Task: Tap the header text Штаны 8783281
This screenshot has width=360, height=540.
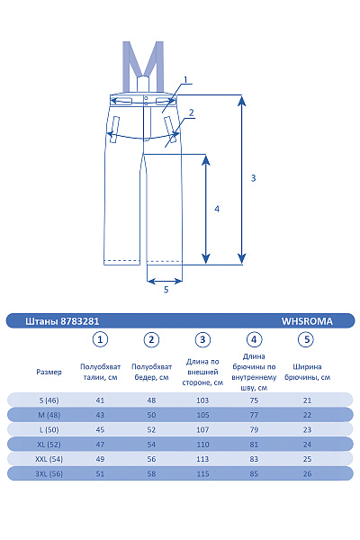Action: tap(56, 319)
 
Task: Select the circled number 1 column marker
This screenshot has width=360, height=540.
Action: tap(101, 339)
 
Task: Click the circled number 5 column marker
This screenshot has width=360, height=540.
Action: tap(306, 339)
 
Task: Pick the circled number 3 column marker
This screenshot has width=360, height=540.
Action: tap(203, 339)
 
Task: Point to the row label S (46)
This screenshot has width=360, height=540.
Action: tap(49, 400)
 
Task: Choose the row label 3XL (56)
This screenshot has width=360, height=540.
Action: tap(49, 473)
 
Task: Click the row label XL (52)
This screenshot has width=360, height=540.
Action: tap(49, 444)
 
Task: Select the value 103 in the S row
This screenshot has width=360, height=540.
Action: tap(203, 400)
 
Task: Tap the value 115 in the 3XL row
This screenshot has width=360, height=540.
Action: tap(203, 473)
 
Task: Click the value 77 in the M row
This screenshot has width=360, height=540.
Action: tap(255, 414)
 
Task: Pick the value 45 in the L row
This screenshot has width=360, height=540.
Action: tap(101, 429)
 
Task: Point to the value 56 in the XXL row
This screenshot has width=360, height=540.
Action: tap(152, 459)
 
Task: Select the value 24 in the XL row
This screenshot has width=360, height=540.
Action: tap(307, 444)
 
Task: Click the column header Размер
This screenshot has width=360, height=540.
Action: tap(49, 372)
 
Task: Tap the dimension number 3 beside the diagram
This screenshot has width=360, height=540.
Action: tap(254, 178)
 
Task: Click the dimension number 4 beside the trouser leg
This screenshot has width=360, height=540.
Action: tap(216, 208)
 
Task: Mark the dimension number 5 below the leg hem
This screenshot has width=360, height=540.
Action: tap(166, 290)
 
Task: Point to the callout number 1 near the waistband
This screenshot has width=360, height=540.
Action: tap(185, 80)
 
